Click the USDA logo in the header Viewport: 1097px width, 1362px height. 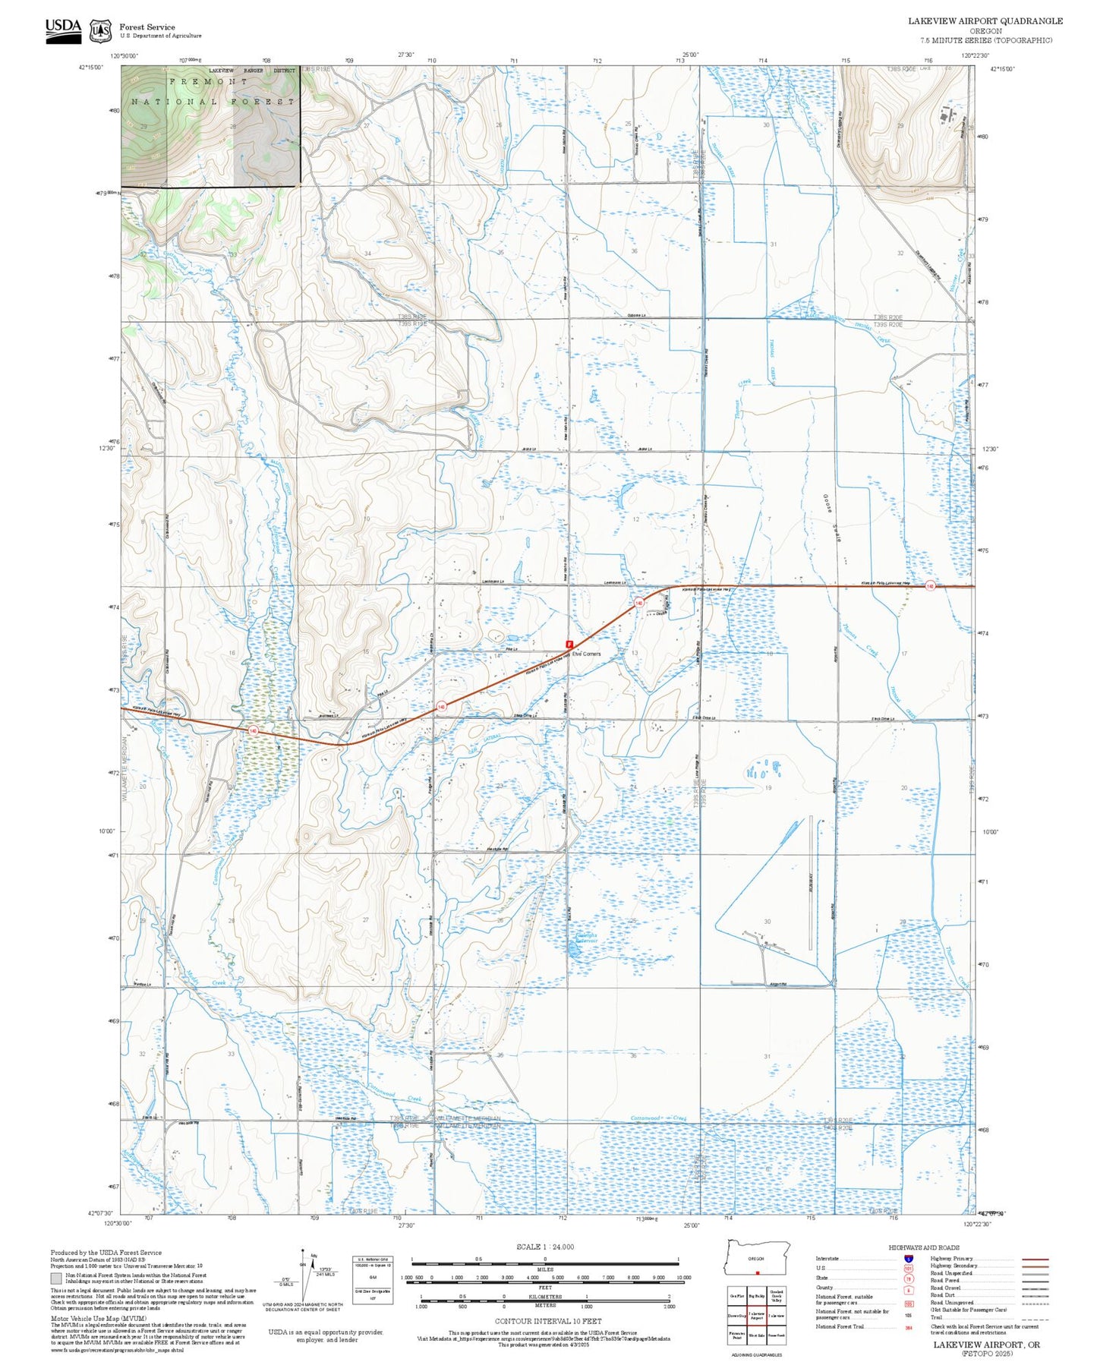click(x=63, y=29)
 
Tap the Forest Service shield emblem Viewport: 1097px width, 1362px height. click(x=100, y=31)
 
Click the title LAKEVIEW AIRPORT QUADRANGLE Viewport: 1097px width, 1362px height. click(x=985, y=21)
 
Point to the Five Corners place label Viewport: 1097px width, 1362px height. click(x=586, y=654)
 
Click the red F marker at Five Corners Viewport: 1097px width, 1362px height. click(x=569, y=644)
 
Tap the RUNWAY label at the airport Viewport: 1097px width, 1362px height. click(x=812, y=886)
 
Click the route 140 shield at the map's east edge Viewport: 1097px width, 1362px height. click(x=929, y=586)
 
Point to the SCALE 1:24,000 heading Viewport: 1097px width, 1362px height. click(x=544, y=1247)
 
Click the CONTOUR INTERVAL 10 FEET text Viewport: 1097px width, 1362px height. click(x=547, y=1322)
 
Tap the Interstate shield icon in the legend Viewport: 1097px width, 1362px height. click(x=909, y=1258)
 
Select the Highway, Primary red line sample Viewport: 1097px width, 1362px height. click(x=1035, y=1259)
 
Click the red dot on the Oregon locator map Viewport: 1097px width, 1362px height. click(x=757, y=1273)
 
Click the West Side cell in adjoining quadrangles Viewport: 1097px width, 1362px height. click(x=756, y=1334)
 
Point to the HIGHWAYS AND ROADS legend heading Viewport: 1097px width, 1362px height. click(x=923, y=1247)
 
